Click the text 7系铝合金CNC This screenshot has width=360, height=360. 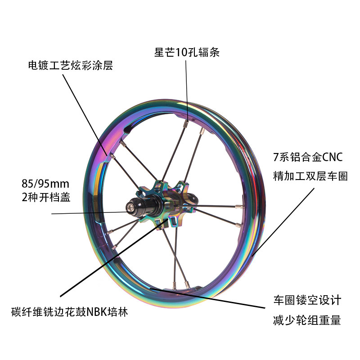pos(308,158)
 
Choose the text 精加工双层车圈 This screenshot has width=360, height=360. pos(310,175)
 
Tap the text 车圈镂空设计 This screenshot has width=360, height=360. pos(307,300)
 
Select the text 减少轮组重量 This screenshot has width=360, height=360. pos(307,320)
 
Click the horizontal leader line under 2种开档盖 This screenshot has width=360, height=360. pos(90,213)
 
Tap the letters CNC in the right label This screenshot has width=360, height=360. pos(333,158)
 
